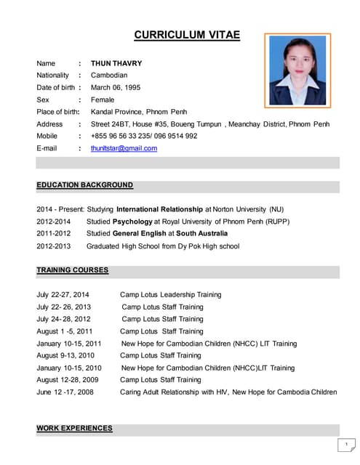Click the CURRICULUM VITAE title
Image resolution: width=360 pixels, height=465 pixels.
point(187,35)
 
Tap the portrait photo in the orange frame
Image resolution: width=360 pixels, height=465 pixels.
point(298,70)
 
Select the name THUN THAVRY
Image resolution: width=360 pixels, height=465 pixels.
point(116,63)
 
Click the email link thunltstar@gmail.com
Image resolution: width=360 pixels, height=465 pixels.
point(124,148)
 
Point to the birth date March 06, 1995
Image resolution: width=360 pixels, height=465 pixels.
point(116,87)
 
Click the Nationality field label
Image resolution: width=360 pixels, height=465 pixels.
point(53,75)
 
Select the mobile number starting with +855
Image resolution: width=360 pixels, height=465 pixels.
point(144,136)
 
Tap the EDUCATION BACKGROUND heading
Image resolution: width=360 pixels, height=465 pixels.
point(84,185)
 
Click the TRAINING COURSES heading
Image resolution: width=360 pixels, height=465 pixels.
point(73,270)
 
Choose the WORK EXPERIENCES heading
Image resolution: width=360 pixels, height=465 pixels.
point(74,428)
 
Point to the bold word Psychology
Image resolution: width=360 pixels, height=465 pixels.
point(132,222)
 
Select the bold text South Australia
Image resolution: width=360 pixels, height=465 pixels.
point(201,233)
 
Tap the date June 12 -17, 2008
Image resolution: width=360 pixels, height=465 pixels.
point(64,392)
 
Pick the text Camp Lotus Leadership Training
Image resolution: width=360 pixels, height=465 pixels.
point(170,295)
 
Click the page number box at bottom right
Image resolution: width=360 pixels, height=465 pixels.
point(347,444)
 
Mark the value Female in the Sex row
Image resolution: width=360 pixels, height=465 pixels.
point(103,100)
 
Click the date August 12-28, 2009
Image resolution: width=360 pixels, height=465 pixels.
point(68,380)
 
